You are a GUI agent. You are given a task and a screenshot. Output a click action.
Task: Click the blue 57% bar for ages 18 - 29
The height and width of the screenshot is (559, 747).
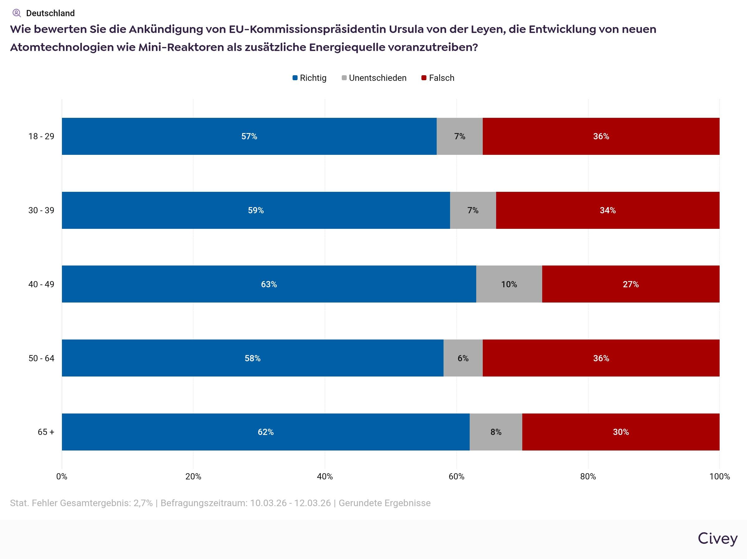pos(249,136)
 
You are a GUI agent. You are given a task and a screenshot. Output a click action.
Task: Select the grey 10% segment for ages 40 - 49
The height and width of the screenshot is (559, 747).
pos(509,284)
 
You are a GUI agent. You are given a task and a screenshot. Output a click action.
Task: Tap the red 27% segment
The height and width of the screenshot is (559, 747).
pos(631,284)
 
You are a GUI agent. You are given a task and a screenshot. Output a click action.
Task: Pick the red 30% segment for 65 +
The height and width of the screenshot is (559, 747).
pos(621,432)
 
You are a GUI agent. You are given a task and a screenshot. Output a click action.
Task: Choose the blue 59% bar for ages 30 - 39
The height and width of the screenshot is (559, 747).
pos(256,210)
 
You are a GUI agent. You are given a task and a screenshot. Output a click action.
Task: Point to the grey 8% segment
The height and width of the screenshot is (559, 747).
pos(496,432)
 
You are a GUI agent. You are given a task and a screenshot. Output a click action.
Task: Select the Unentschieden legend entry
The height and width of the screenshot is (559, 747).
pos(374,78)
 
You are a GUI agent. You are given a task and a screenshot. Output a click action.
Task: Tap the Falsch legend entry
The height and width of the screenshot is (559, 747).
pos(438,78)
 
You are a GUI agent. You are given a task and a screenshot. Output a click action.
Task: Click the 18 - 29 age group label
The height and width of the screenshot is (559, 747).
pos(41,136)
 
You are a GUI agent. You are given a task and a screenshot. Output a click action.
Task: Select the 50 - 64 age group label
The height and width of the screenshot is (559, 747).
pos(41,358)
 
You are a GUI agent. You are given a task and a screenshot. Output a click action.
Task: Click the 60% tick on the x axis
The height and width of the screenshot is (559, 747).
pos(456,476)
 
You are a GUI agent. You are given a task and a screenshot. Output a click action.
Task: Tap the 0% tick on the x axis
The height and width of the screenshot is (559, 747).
pos(62,476)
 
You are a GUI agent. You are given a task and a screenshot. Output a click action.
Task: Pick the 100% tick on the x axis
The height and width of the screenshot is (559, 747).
pos(719,476)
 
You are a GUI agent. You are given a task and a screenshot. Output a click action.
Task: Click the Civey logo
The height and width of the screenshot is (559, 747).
pos(717,538)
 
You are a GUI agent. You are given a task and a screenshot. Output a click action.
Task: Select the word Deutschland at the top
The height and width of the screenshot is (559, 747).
pos(50,13)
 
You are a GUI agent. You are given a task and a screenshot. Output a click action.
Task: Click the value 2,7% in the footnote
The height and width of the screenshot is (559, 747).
pos(143,503)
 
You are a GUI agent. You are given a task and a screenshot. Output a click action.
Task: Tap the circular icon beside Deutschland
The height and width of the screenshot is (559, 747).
pos(16,13)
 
